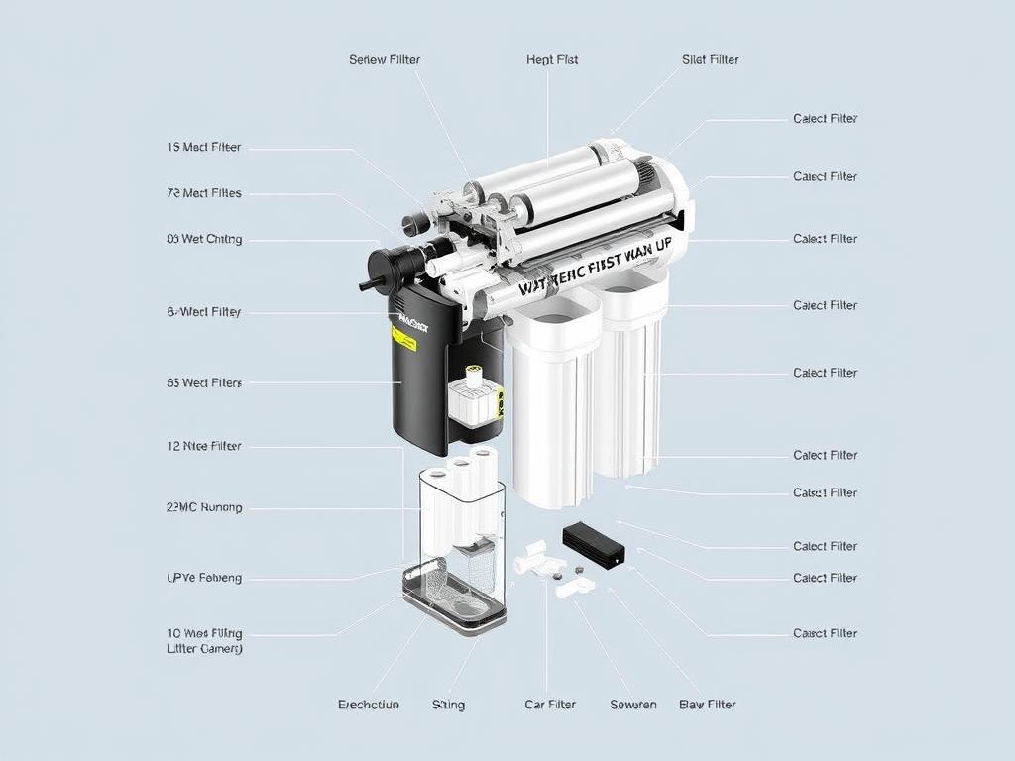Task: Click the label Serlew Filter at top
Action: click(x=385, y=59)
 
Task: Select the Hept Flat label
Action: click(x=552, y=59)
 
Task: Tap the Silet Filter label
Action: click(x=711, y=59)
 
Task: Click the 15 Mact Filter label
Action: click(x=204, y=147)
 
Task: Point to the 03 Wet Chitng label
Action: click(x=204, y=239)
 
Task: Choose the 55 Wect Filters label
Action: click(x=204, y=382)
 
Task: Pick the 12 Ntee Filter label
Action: click(x=204, y=446)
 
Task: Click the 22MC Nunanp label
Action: click(x=204, y=507)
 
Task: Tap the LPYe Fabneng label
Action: click(x=204, y=578)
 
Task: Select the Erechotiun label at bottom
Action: click(x=369, y=705)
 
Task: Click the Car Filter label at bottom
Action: click(x=550, y=705)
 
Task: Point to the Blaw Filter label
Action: click(x=708, y=705)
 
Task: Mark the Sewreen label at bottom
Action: click(x=633, y=705)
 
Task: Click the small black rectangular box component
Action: click(x=594, y=546)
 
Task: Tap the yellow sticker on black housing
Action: click(x=403, y=338)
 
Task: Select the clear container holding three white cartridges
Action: click(x=462, y=510)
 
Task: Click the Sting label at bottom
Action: click(x=448, y=705)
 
